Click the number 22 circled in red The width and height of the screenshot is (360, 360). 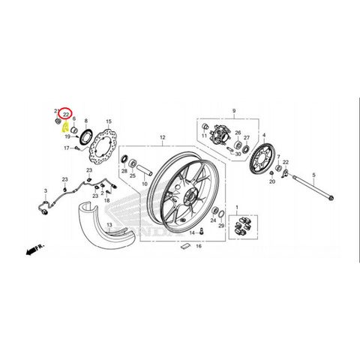(x=66, y=114)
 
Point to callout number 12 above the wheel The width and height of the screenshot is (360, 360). (x=160, y=137)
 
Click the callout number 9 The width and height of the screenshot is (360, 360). (x=234, y=110)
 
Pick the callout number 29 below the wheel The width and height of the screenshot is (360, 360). (x=220, y=225)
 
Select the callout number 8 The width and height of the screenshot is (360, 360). (x=86, y=120)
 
